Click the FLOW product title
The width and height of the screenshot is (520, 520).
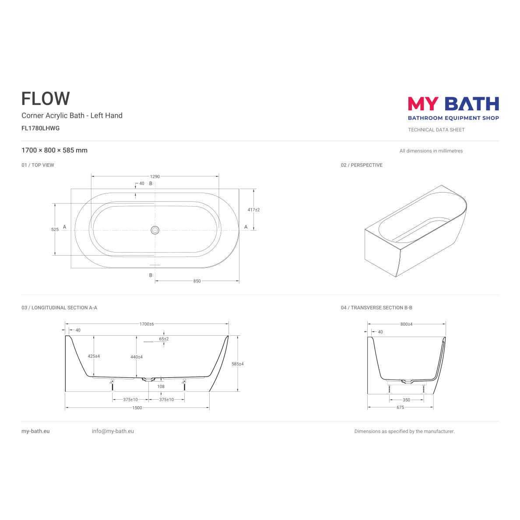pyautogui.click(x=46, y=98)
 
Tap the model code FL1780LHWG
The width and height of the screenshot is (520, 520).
pyautogui.click(x=40, y=128)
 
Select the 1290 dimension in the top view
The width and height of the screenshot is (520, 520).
pyautogui.click(x=155, y=176)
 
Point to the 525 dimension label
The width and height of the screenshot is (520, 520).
pyautogui.click(x=55, y=229)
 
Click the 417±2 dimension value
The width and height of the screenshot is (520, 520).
pyautogui.click(x=254, y=210)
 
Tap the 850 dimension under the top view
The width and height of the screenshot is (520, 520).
pyautogui.click(x=197, y=281)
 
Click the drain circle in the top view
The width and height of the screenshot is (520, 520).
pyautogui.click(x=155, y=230)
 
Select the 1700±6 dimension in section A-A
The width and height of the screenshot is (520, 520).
pyautogui.click(x=147, y=324)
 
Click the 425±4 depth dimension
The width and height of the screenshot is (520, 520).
pyautogui.click(x=94, y=356)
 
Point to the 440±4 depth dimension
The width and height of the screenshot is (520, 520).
pyautogui.click(x=137, y=357)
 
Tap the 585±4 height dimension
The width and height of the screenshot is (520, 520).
pyautogui.click(x=238, y=364)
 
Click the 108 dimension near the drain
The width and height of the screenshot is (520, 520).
pyautogui.click(x=161, y=386)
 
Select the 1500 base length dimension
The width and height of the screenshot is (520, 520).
pyautogui.click(x=137, y=408)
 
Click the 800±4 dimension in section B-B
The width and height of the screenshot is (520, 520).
pyautogui.click(x=407, y=324)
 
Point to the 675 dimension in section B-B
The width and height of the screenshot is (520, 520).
pyautogui.click(x=401, y=407)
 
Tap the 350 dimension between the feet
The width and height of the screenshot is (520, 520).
pyautogui.click(x=407, y=400)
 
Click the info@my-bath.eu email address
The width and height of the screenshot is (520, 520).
pyautogui.click(x=113, y=431)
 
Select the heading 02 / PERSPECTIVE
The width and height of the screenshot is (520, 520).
pyautogui.click(x=362, y=165)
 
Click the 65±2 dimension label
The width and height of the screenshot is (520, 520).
pyautogui.click(x=164, y=339)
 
